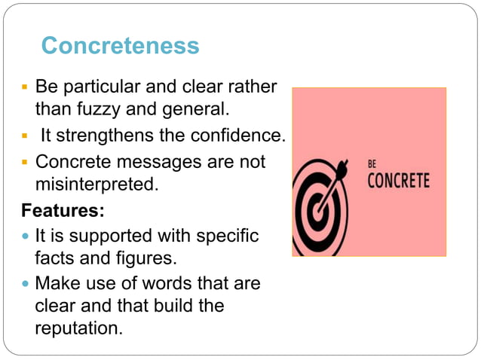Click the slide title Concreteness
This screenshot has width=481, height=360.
120,46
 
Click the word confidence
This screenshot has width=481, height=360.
239,136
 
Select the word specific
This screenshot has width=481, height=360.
227,236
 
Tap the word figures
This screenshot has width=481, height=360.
148,258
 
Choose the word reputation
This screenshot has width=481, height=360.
78,328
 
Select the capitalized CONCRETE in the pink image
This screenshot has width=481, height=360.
398,181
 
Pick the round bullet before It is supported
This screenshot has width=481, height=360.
26,236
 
